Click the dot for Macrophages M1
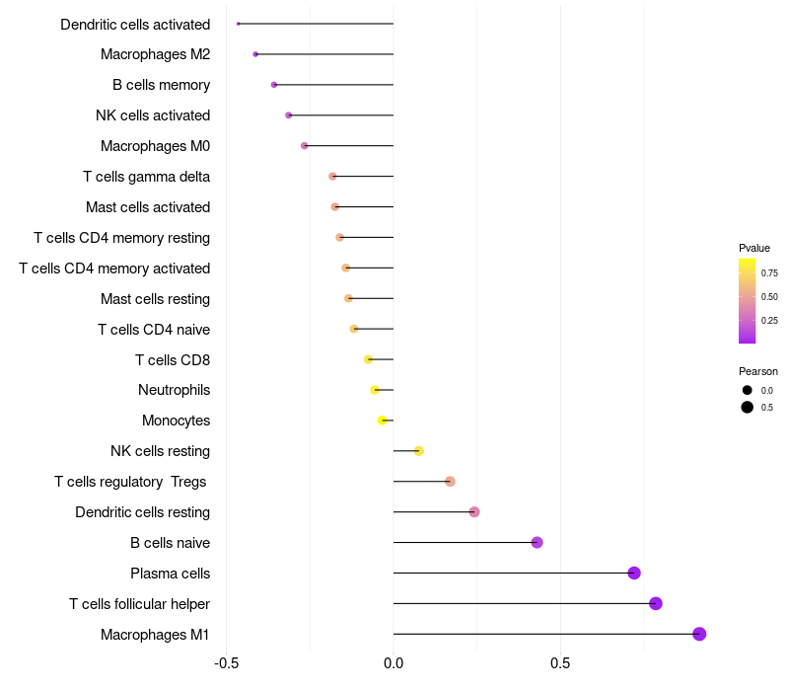point(699,634)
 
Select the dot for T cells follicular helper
point(656,603)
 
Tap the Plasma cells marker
point(634,573)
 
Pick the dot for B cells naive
point(537,542)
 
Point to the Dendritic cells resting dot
point(474,511)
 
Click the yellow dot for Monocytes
point(383,421)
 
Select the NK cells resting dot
point(419,451)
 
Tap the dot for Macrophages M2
point(255,54)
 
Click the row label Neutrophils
point(174,390)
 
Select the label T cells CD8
point(173,359)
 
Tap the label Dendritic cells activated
point(135,24)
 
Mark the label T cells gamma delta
point(146,177)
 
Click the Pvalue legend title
point(754,248)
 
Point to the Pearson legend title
point(758,371)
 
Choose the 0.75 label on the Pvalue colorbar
point(769,272)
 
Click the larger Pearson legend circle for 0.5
point(748,407)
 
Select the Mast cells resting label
point(155,298)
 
